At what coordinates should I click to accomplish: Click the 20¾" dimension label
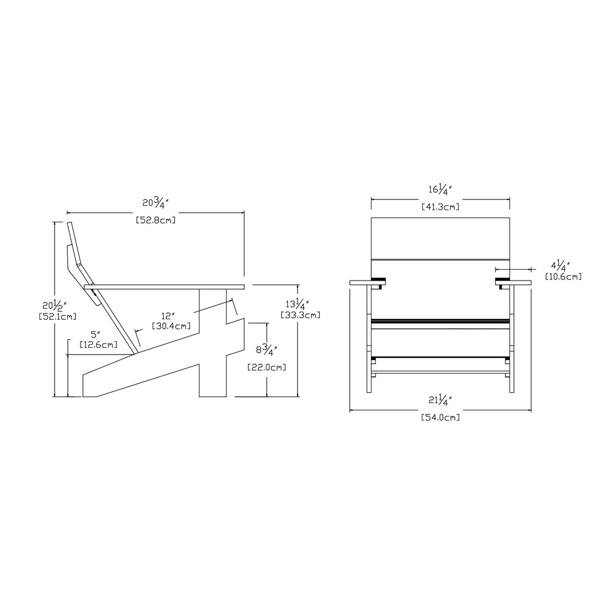pyautogui.click(x=156, y=202)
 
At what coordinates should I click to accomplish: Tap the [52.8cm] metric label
pyautogui.click(x=156, y=221)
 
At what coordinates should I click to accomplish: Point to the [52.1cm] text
pyautogui.click(x=58, y=316)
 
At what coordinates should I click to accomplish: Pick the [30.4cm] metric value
pyautogui.click(x=171, y=326)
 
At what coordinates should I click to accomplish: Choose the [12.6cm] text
pyautogui.click(x=99, y=344)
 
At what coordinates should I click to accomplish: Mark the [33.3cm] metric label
pyautogui.click(x=301, y=315)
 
